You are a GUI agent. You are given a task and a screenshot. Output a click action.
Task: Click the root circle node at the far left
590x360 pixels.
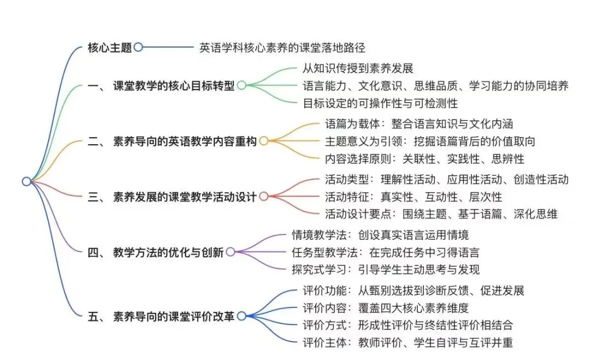point(26,181)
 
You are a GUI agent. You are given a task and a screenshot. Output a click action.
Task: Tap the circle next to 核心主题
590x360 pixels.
point(138,48)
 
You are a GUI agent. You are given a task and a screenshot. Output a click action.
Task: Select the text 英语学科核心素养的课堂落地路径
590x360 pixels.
point(282,48)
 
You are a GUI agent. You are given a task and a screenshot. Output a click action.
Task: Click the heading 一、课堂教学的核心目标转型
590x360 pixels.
point(161,86)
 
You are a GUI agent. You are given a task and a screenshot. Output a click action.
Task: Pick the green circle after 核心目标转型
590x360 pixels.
point(241,86)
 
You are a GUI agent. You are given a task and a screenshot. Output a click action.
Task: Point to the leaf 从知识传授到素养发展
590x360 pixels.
point(358,69)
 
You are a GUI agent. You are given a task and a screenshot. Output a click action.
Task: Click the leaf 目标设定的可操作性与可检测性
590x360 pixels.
point(380,103)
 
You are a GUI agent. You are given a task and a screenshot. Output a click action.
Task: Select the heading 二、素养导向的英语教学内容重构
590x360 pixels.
point(172,141)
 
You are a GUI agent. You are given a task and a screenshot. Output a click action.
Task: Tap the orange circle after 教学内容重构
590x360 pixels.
point(263,141)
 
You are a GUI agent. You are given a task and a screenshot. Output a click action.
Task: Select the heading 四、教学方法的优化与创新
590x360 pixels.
point(155,252)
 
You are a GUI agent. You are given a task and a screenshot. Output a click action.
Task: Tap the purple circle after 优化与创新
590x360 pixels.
point(230,252)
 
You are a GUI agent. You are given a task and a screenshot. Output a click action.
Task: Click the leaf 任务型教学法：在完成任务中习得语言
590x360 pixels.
point(386,252)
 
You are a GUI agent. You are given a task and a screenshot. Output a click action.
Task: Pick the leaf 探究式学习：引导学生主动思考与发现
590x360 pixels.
point(386,269)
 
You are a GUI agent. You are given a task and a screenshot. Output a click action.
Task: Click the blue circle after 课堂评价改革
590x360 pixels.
point(241,316)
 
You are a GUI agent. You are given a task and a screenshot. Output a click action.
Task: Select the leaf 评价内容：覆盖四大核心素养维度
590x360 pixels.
point(386,308)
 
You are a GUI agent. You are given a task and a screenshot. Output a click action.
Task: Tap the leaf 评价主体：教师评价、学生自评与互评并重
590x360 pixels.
point(408,342)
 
